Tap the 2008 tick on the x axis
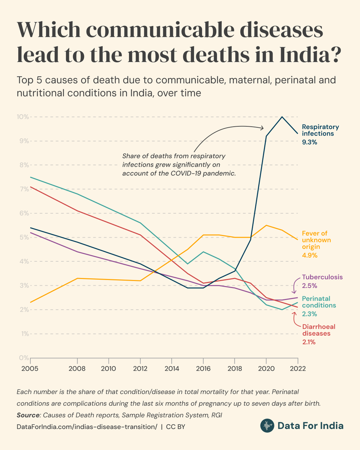click(x=77, y=368)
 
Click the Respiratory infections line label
click(x=320, y=130)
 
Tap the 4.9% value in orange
click(x=310, y=255)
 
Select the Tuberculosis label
click(x=322, y=277)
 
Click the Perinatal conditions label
click(x=319, y=302)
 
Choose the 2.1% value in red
click(x=309, y=342)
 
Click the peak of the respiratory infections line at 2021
click(x=282, y=117)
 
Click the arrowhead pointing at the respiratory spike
click(x=262, y=128)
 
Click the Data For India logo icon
click(x=267, y=426)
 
